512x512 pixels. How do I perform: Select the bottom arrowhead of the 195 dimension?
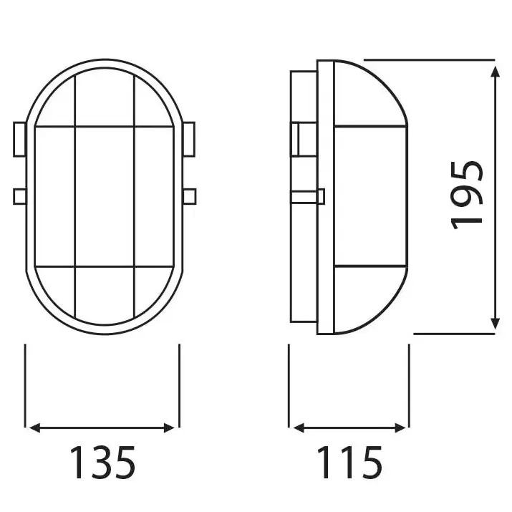(x=495, y=325)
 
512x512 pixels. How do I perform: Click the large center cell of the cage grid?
(x=105, y=195)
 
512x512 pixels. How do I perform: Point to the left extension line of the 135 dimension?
(x=26, y=387)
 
